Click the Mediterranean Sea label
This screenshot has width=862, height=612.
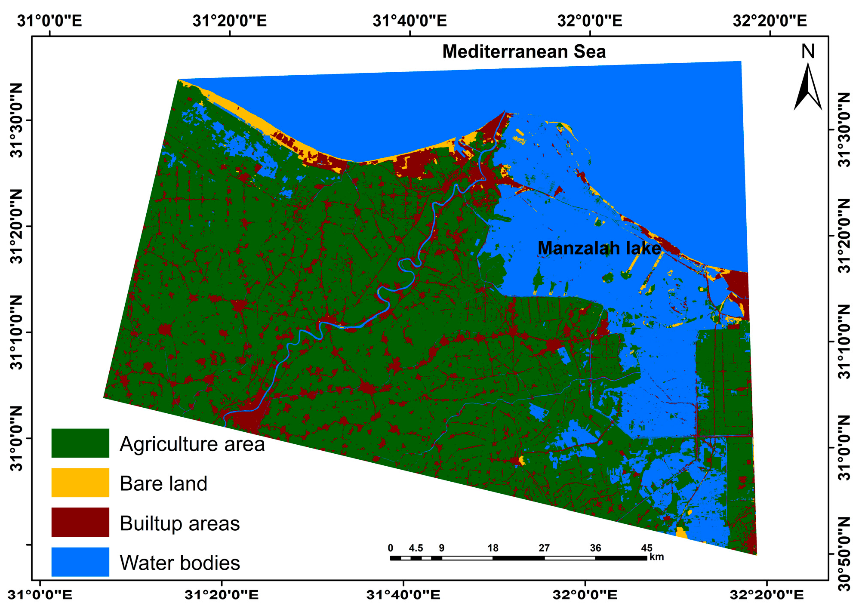(523, 52)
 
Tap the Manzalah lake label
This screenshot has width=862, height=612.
(599, 249)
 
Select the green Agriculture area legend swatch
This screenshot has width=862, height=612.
(80, 443)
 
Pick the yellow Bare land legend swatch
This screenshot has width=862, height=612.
(80, 483)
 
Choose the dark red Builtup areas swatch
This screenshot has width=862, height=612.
(80, 522)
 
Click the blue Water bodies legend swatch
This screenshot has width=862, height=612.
(80, 562)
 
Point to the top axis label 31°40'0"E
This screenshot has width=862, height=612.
(409, 21)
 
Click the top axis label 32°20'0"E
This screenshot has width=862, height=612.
(770, 21)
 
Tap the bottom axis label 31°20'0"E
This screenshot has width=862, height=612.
(222, 595)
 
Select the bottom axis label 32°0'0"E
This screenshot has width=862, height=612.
(585, 595)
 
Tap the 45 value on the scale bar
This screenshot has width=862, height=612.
(646, 548)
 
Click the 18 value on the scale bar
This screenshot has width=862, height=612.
(493, 548)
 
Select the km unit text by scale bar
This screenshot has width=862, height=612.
(656, 557)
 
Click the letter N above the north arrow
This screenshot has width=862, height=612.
(808, 52)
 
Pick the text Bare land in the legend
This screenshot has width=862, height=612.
(163, 483)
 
